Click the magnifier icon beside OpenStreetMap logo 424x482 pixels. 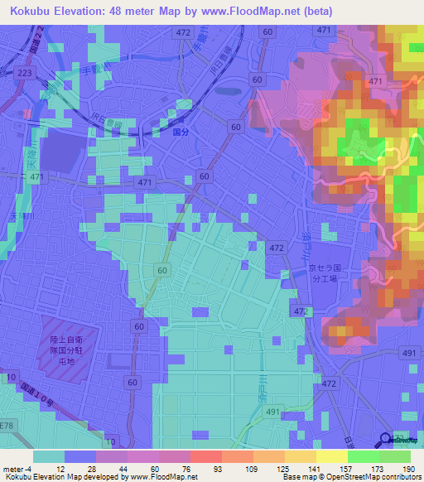click(x=386, y=440)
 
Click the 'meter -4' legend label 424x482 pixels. click(x=17, y=469)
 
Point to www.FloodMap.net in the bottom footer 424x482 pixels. click(x=163, y=477)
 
